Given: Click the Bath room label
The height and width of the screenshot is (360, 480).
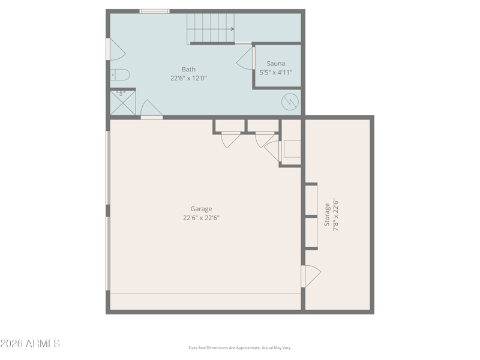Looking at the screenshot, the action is (188, 69).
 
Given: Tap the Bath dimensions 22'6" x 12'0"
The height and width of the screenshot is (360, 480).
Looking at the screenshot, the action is (188, 79).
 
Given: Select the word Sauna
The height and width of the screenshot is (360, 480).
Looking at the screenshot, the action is (276, 64).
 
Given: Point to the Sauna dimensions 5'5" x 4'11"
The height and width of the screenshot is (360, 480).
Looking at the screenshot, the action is (276, 73).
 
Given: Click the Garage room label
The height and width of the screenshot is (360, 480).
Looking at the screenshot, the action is (201, 209).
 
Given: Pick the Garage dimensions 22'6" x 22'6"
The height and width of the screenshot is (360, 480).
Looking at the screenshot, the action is (201, 218).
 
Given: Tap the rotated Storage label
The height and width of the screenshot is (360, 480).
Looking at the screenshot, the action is (327, 215).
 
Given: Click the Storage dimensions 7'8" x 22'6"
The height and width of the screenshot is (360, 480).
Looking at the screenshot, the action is (336, 215).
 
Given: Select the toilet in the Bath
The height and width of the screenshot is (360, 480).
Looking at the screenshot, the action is (120, 74).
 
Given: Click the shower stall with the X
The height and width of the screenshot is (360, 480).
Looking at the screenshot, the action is (123, 102).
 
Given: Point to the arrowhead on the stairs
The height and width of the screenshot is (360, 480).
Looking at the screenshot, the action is (233, 29).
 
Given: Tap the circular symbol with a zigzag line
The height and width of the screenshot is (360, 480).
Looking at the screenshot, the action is (290, 101).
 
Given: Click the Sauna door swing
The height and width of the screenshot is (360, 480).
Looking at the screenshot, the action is (245, 58).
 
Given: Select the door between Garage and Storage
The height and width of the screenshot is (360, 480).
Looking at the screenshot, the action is (311, 277).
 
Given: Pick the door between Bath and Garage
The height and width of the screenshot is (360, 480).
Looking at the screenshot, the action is (151, 110).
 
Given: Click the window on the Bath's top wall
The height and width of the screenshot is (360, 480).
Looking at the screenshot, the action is (154, 11).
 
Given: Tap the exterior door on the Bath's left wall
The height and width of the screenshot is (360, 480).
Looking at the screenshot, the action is (116, 49).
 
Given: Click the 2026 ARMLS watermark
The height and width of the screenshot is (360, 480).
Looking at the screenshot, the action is (30, 343).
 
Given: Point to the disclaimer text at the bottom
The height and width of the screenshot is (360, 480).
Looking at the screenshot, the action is (239, 348).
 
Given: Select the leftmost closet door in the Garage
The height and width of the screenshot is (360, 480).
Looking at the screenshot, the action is (230, 140).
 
